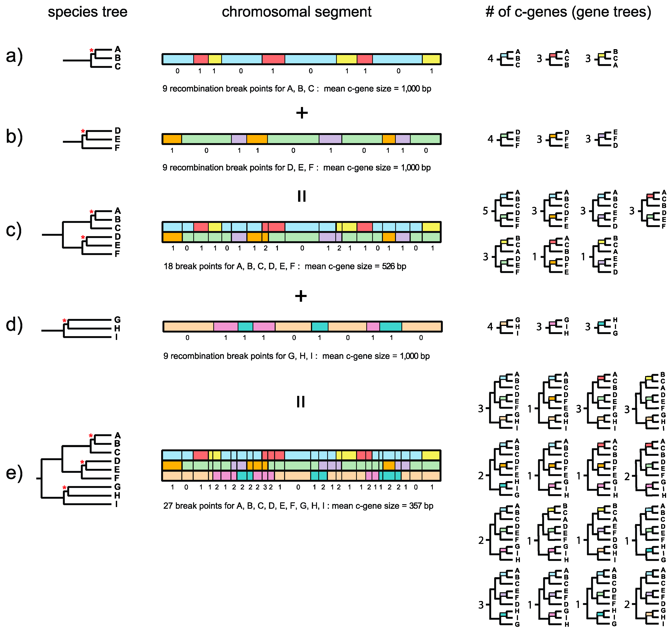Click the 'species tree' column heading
(87, 12)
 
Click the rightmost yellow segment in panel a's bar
(431, 59)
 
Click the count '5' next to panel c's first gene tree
(485, 211)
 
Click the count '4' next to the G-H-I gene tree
(490, 327)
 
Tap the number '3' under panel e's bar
(265, 487)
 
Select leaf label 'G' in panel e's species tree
(117, 487)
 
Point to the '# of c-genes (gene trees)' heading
(568, 12)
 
